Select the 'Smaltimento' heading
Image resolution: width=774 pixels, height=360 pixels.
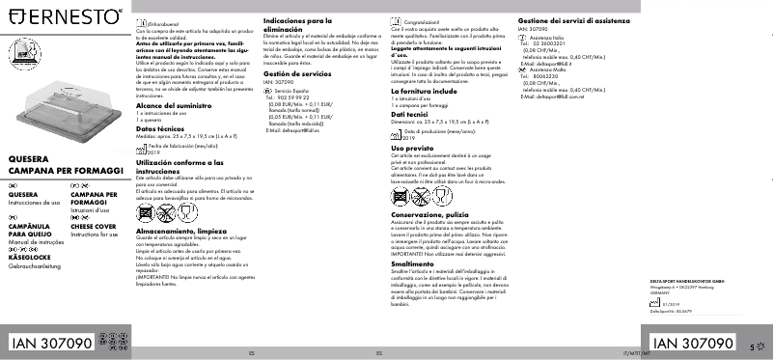click(x=412, y=263)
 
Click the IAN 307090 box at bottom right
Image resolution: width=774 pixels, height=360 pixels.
click(x=693, y=343)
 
